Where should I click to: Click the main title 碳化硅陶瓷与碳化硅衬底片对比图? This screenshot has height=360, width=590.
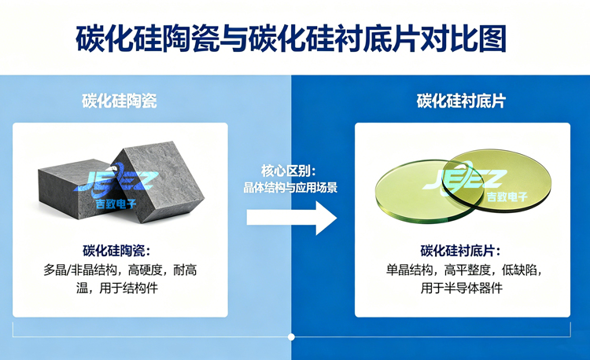tap(294, 38)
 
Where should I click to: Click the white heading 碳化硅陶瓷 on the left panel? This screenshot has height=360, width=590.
tap(120, 101)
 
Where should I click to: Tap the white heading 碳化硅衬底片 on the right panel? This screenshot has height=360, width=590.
tap(462, 101)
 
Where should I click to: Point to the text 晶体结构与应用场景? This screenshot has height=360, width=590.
tap(290, 188)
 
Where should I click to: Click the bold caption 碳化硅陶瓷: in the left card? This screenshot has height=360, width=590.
tap(120, 251)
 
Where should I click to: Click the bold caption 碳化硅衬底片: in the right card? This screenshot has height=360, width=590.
tap(462, 251)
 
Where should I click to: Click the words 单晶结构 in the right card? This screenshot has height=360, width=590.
tap(409, 270)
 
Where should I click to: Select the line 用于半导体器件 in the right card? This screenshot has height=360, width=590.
tap(462, 288)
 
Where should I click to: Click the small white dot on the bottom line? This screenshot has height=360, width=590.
tap(291, 336)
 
